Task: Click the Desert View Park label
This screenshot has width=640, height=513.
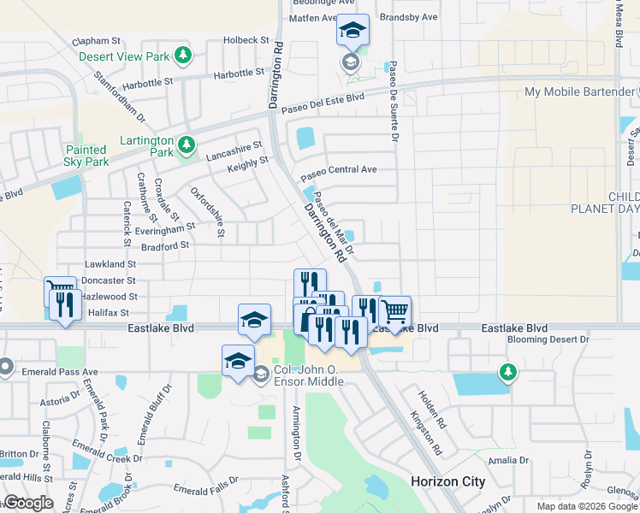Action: [x=124, y=56]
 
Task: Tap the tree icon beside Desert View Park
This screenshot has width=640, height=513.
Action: [x=182, y=56]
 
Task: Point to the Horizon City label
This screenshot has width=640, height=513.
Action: [x=447, y=481]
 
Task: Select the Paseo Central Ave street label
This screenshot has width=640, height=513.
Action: [x=338, y=169]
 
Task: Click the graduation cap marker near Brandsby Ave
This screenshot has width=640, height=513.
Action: [x=352, y=31]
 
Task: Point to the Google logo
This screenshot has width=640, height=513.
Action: [x=27, y=503]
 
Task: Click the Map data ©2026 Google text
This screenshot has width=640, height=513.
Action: [x=587, y=506]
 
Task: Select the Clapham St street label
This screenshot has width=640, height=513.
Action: [x=97, y=40]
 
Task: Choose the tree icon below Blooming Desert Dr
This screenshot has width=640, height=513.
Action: [x=508, y=372]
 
